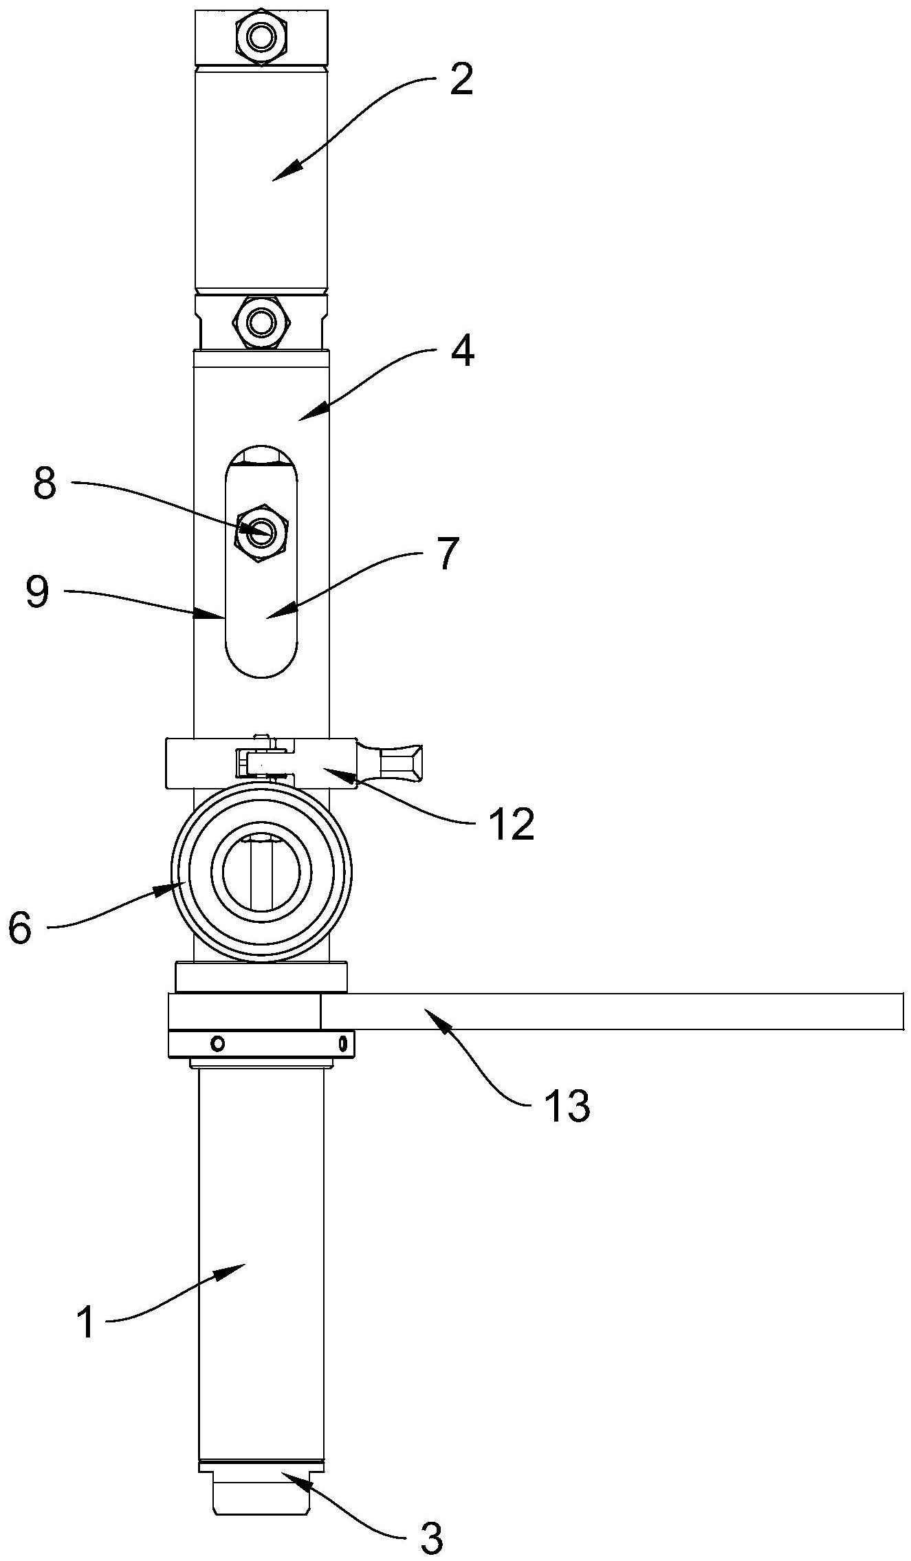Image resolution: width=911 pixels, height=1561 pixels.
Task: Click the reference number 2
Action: click(461, 81)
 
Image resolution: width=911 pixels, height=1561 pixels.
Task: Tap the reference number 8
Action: click(45, 485)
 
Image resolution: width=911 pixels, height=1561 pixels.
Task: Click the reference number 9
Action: click(37, 593)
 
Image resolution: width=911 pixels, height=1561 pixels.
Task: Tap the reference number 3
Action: click(431, 1539)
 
